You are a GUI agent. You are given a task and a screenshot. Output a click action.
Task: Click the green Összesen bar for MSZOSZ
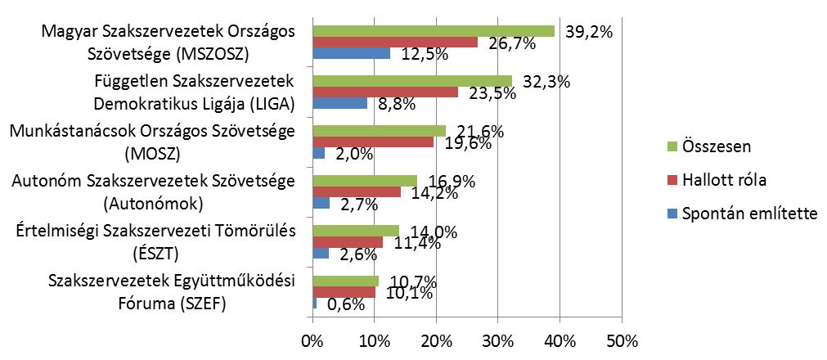tap(434, 31)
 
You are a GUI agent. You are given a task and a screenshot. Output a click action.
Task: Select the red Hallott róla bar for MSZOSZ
tap(395, 43)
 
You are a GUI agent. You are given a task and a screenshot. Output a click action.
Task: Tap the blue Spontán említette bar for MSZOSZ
tap(352, 54)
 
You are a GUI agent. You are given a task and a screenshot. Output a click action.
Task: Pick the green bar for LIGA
tap(412, 81)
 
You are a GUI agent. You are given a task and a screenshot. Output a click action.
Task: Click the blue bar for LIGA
tap(340, 104)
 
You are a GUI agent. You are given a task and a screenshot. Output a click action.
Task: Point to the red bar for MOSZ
tap(373, 142)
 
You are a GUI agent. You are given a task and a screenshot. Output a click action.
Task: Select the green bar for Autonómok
tap(365, 181)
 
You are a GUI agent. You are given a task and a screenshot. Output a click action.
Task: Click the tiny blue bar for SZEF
tap(315, 304)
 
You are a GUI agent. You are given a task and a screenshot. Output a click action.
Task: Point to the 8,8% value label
tap(397, 105)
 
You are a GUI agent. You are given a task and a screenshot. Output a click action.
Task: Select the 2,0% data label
tap(352, 155)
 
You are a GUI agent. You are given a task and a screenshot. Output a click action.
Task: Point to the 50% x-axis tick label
tap(621, 340)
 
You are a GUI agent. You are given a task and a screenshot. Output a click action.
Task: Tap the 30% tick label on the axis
tap(497, 340)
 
